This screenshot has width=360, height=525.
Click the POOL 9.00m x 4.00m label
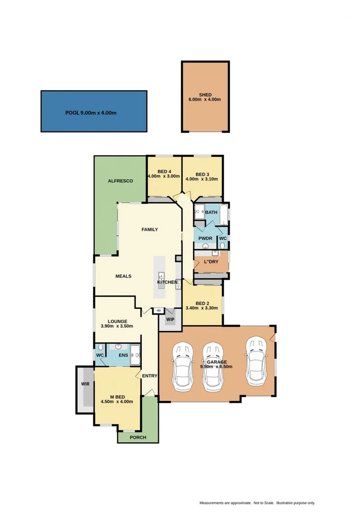(x=91, y=113)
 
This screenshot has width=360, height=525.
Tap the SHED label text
(x=205, y=95)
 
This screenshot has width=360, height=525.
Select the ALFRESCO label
(x=120, y=181)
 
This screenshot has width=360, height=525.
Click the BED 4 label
(x=164, y=172)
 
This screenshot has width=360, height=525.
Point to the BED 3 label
(x=202, y=175)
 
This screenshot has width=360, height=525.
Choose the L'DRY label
(x=210, y=262)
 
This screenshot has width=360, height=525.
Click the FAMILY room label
(x=150, y=229)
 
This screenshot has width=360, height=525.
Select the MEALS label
(x=123, y=276)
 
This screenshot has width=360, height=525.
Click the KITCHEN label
(x=167, y=282)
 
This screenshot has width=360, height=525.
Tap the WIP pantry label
(x=170, y=319)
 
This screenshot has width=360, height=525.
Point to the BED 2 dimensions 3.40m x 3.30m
(x=203, y=308)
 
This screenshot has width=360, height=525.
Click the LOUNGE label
(x=118, y=321)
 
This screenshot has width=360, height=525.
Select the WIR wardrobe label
(x=85, y=384)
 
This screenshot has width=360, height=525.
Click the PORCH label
(x=137, y=437)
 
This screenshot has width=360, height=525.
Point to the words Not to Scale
(x=263, y=503)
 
